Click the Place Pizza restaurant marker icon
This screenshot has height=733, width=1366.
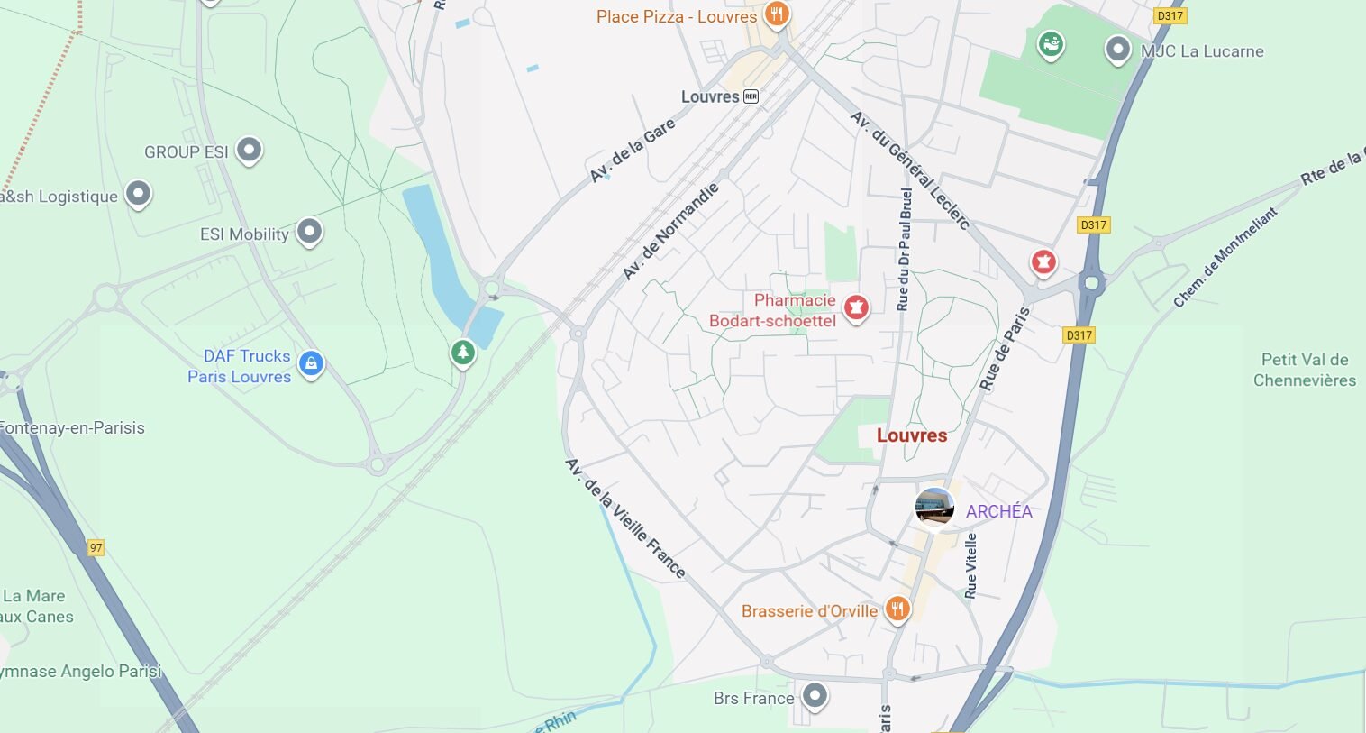pos(776,14)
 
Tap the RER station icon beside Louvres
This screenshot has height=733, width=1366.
pos(751,96)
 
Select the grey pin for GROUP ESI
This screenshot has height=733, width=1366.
pos(249,150)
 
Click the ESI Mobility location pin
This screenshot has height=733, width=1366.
pos(309,232)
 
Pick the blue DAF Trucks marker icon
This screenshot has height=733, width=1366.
pos(311,364)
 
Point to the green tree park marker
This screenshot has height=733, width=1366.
pos(463,352)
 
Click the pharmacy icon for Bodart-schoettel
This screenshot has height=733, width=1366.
pos(855,308)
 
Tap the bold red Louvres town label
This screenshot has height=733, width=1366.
pos(911,435)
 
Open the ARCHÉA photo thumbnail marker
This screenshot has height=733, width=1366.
pos(934,508)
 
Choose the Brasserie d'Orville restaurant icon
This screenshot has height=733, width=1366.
pos(897,609)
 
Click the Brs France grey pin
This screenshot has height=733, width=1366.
pos(815,696)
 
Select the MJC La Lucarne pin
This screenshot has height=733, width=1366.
pos(1117,50)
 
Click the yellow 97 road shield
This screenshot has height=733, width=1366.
pos(96,547)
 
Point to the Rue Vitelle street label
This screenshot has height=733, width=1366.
pos(970,565)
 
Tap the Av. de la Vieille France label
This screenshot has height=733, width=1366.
pos(624,518)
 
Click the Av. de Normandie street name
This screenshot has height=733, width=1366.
pos(671,232)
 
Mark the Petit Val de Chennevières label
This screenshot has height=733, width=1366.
pos(1304,370)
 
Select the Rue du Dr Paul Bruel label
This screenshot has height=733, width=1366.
pos(904,250)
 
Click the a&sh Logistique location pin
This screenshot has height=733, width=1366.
pos(137,193)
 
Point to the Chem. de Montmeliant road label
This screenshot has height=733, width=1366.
pos(1225,258)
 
